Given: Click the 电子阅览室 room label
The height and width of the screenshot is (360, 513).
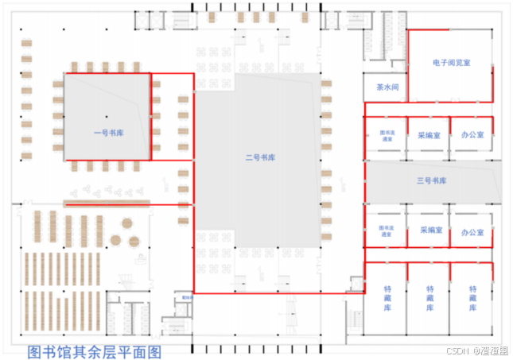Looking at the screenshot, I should (x=450, y=62).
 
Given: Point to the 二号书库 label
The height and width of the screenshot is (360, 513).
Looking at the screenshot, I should (x=259, y=157).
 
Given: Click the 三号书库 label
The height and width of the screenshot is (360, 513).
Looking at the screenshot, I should (x=431, y=181).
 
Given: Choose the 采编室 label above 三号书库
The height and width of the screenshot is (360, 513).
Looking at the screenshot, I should (x=429, y=136).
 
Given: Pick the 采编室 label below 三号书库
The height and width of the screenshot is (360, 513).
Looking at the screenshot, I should (x=429, y=230).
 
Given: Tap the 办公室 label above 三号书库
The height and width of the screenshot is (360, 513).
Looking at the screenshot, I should (x=472, y=136).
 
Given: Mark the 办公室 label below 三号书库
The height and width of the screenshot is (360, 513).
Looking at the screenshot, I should (x=472, y=232).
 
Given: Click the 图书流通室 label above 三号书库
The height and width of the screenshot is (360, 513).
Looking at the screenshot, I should (x=387, y=136).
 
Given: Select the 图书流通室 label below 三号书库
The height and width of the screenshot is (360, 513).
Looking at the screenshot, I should (x=387, y=231).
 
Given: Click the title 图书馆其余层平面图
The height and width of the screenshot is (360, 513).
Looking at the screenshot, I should (x=95, y=350).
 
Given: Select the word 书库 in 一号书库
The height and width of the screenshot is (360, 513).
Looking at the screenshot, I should (x=115, y=133).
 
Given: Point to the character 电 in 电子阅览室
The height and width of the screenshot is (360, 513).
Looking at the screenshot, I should (x=436, y=62).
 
